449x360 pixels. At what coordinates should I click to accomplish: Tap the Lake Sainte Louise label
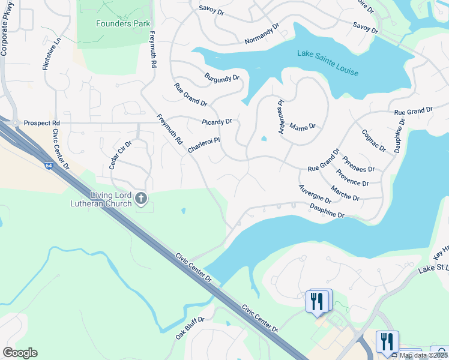coord(328,63)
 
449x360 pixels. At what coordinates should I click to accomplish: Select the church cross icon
coord(141,198)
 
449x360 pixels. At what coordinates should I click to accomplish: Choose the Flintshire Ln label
coord(52,55)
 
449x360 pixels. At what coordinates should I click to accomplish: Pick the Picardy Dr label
coord(217,122)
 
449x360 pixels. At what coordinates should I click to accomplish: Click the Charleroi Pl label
coord(204,145)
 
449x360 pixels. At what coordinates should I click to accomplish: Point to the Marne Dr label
coord(302,127)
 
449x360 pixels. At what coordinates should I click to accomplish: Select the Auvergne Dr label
coord(315,194)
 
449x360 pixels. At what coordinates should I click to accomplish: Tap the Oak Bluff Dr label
coord(190,329)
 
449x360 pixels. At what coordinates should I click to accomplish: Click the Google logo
coord(20,353)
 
